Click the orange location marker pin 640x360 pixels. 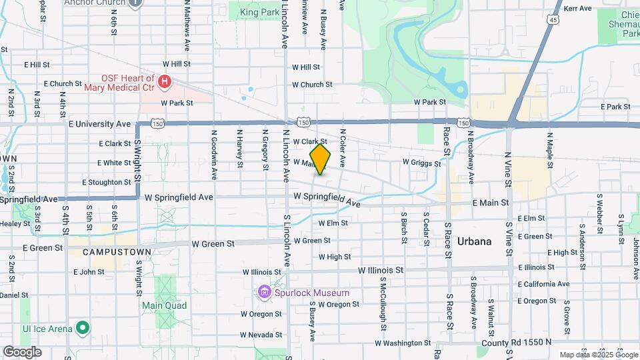(x=321, y=159)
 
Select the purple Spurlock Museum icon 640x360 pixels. (x=264, y=293)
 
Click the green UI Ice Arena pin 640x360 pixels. (x=82, y=328)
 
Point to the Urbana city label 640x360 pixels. (x=475, y=241)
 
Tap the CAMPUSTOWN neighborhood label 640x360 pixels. (x=109, y=252)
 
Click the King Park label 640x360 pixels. (x=260, y=12)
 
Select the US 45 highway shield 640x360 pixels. (x=554, y=21)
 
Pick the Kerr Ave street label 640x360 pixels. (x=578, y=9)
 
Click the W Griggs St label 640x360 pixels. (x=422, y=163)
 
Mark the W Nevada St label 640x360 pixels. (x=262, y=335)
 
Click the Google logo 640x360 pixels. (x=22, y=352)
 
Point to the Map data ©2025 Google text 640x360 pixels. (x=597, y=355)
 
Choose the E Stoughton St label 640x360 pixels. (x=107, y=182)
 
